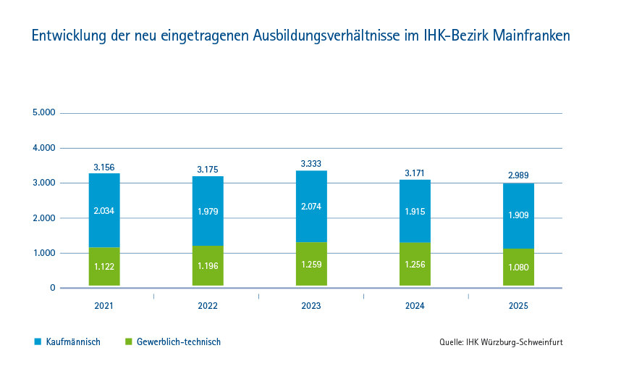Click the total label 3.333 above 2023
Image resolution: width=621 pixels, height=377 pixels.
(311, 164)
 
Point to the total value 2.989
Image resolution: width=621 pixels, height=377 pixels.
(518, 175)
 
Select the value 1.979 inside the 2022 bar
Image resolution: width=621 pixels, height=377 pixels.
(208, 212)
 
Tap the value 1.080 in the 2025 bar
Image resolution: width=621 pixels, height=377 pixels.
(518, 267)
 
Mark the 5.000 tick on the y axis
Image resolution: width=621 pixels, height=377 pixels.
(43, 113)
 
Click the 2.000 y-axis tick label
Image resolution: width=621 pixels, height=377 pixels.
(43, 218)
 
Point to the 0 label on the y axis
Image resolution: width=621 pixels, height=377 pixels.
(52, 288)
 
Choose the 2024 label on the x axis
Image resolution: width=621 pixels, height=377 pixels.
(415, 307)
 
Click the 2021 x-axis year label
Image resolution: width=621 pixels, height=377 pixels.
(104, 307)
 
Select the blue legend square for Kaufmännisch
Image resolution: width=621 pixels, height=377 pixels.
(38, 341)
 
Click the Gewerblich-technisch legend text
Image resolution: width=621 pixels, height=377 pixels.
(179, 342)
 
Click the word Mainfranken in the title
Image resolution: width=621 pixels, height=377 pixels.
(531, 36)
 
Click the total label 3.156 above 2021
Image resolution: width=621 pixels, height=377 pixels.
(104, 167)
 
